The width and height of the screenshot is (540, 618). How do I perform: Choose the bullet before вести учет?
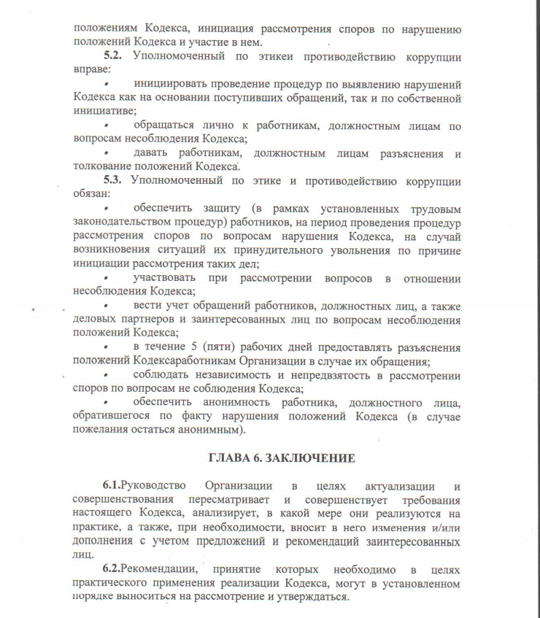click(107, 306)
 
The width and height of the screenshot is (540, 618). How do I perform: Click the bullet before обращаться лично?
click(107, 126)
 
